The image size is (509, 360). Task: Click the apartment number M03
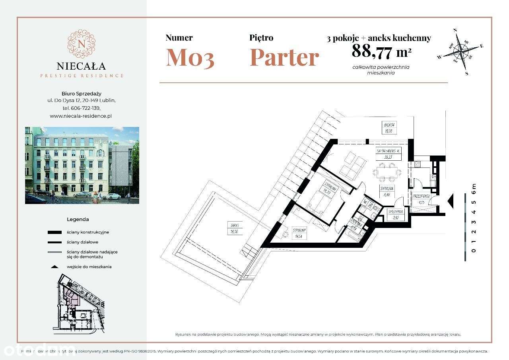coord(190,57)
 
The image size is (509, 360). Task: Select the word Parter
coord(284,57)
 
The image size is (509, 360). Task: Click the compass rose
coord(461,51)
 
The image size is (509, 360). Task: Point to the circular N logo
coord(81,43)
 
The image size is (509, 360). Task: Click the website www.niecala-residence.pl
coord(81,116)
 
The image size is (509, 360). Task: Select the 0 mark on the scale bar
coord(473,251)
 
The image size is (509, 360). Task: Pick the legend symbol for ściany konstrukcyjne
coord(54,232)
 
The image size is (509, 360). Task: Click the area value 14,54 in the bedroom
coord(298,236)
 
